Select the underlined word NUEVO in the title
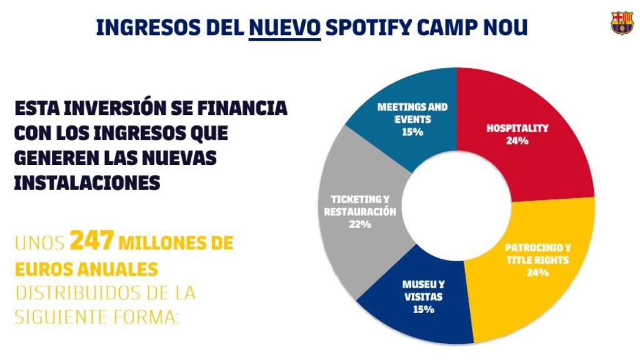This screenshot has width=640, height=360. [284, 27]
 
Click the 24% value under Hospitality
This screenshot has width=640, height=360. [517, 141]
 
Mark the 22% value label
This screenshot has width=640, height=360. [360, 224]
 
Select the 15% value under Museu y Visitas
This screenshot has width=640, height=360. [423, 309]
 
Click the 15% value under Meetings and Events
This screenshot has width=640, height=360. [412, 132]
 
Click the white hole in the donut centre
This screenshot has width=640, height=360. [457, 207]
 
